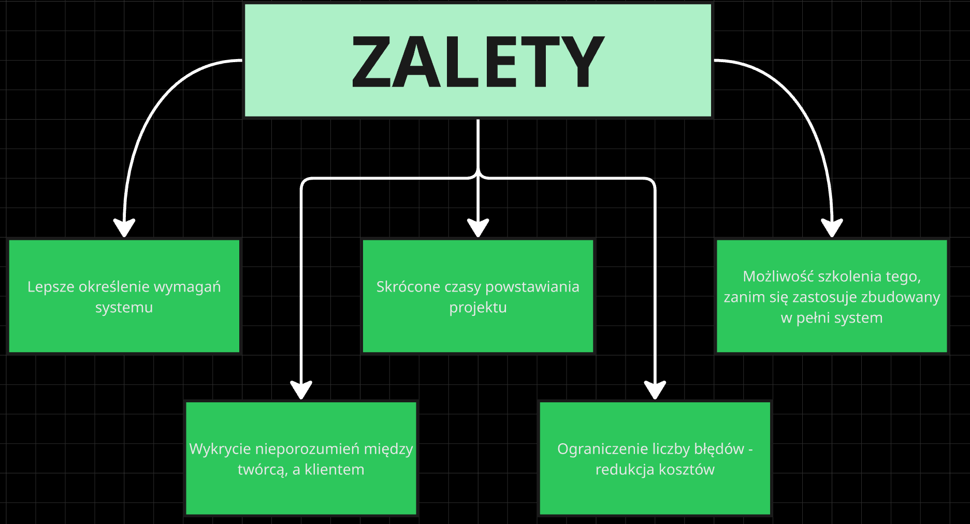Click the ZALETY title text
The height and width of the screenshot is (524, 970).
tap(477, 62)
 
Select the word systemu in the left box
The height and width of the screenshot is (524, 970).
tap(124, 308)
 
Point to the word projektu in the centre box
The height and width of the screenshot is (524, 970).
tap(477, 308)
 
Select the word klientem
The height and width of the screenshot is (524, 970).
tap(334, 470)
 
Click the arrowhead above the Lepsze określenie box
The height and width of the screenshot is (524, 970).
tap(124, 227)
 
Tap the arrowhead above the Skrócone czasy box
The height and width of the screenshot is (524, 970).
tap(478, 227)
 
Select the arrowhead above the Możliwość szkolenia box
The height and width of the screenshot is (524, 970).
tap(832, 227)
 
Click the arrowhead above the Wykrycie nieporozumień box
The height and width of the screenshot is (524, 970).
tap(301, 389)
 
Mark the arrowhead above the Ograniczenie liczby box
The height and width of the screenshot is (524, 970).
tap(655, 389)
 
